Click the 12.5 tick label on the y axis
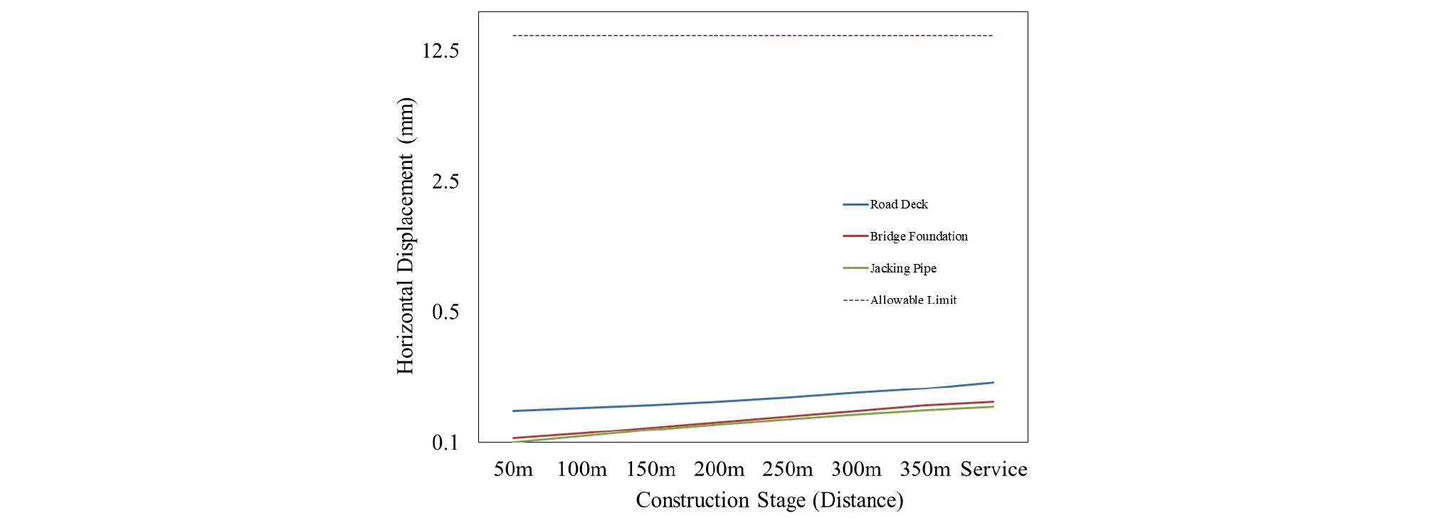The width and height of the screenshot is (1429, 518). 440,51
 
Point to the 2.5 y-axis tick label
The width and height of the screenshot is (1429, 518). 445,181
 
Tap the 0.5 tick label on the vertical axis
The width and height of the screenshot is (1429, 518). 445,312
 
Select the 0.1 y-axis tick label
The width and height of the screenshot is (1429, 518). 445,443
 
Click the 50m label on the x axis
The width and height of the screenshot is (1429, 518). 513,470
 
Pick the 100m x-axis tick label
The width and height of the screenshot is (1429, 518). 581,470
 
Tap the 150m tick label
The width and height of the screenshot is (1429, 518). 650,470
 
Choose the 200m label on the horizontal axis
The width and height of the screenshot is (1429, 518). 719,470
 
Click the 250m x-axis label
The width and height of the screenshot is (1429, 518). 787,470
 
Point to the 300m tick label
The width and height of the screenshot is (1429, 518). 856,470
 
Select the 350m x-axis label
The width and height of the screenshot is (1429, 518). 924,470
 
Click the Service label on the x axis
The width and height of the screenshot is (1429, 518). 993,470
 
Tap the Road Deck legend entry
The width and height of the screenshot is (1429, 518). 899,204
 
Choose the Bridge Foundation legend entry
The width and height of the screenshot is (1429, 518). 918,236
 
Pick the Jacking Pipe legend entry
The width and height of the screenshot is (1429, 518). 903,268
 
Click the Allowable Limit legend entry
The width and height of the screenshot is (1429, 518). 913,300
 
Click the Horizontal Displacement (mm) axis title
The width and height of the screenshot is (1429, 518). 405,236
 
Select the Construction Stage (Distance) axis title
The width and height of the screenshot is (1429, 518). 769,500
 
